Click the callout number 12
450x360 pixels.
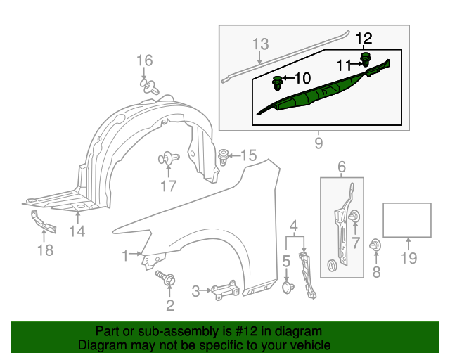[x=364, y=39]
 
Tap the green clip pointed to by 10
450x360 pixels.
[x=277, y=83]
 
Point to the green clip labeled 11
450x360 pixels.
[x=366, y=60]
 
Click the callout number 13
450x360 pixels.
[x=261, y=44]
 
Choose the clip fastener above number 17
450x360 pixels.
[x=169, y=158]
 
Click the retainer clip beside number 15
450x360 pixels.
[x=224, y=157]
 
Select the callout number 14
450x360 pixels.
[x=77, y=231]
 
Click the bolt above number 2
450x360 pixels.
[x=166, y=278]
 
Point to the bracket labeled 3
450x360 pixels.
[x=225, y=290]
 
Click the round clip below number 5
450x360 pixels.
[x=288, y=288]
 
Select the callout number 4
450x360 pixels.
[x=294, y=226]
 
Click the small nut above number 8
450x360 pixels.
[x=375, y=245]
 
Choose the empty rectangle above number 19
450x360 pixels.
[x=407, y=220]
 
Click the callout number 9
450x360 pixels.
[x=319, y=143]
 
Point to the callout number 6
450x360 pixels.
[x=342, y=167]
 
